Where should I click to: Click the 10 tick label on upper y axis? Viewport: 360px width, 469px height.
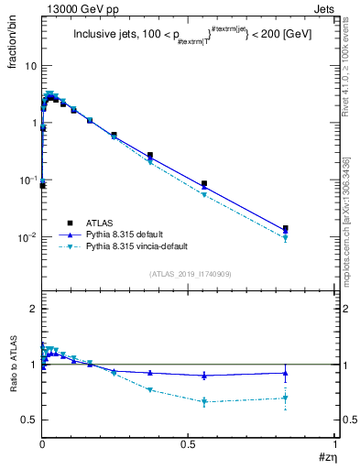point(31,66)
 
